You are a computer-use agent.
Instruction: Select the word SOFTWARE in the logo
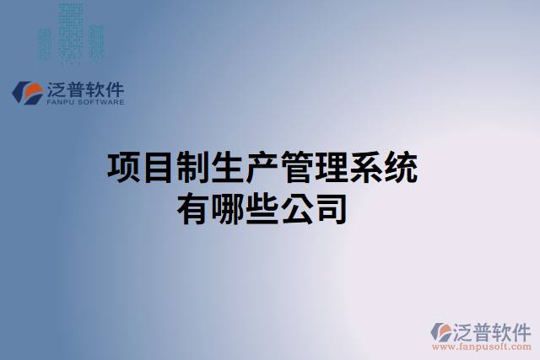click(x=102, y=102)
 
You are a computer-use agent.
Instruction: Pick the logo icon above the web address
click(x=442, y=331)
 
